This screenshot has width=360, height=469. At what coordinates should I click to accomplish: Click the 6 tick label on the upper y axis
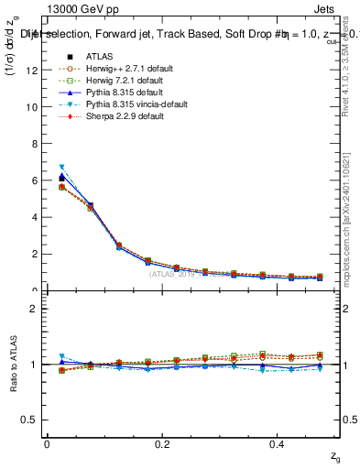tap(35, 180)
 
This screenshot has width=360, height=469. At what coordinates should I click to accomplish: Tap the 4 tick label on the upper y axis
tap(35, 217)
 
